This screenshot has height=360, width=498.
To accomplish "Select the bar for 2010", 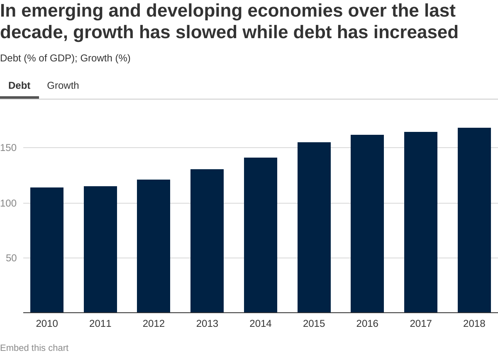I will click(x=47, y=250).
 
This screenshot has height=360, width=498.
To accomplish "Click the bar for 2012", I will click(x=154, y=246).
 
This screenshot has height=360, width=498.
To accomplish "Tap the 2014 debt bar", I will click(x=261, y=235).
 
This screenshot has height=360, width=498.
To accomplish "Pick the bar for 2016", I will click(x=367, y=224).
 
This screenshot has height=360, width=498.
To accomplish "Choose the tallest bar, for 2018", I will click(x=474, y=220).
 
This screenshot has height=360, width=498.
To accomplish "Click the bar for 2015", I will click(x=314, y=227).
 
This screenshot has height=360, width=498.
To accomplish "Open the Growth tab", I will click(x=63, y=85).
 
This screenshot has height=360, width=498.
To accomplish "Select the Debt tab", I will click(x=20, y=85).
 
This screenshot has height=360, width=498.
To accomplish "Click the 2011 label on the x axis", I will click(x=100, y=324).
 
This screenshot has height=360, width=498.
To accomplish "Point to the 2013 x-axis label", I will click(x=207, y=324).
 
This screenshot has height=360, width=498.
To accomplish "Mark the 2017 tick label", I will click(x=421, y=324).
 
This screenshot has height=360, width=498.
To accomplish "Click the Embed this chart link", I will click(x=34, y=348).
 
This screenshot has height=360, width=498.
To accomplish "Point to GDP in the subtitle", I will click(x=61, y=58).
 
